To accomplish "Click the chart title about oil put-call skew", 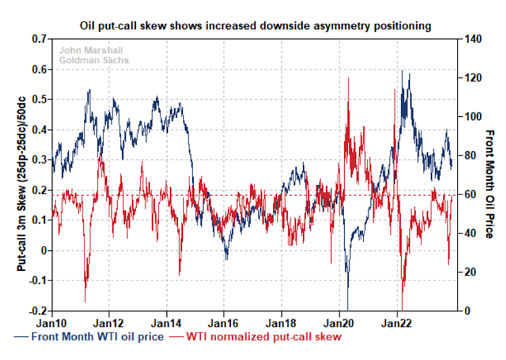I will tap(255, 25).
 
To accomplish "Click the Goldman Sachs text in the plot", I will tap(83, 60).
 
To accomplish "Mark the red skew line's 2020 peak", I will tap(348, 78).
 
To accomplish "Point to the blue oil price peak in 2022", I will tap(402, 71).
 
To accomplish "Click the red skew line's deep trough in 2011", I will tap(85, 301).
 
